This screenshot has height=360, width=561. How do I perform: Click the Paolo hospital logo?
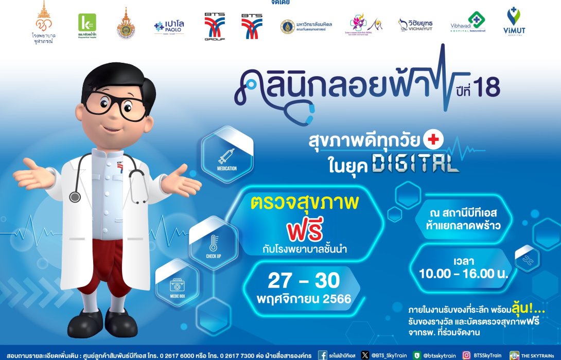(x=169, y=26)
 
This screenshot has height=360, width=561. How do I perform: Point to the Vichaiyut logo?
(x=415, y=25)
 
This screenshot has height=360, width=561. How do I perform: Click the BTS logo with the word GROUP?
(x=214, y=26)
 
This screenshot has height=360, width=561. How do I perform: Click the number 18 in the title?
(x=488, y=88)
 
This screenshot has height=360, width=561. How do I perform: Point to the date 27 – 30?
(x=304, y=281)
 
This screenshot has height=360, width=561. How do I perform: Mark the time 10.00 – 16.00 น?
(x=463, y=273)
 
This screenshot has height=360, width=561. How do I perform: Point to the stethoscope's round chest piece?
(x=75, y=197)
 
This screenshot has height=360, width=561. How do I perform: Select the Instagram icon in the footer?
(x=466, y=355)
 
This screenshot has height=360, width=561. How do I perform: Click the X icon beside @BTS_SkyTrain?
(x=365, y=355)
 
